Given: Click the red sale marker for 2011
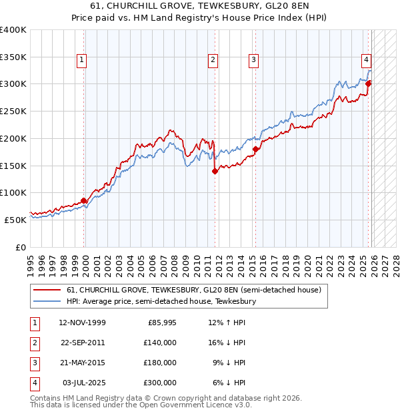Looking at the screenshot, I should [215, 171].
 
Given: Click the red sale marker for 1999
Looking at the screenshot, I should [84, 200].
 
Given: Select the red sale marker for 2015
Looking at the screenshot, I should [255, 149].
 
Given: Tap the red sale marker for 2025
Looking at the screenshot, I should [369, 83].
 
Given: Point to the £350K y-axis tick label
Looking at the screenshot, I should [13, 57].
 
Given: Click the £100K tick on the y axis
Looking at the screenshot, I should [13, 192].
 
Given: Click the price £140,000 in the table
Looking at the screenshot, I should [160, 343].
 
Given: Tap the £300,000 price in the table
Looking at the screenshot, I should [160, 383].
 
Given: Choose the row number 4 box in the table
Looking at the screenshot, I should [34, 383].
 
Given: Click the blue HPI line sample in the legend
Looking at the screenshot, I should [47, 302].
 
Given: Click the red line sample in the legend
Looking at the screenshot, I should [47, 290].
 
